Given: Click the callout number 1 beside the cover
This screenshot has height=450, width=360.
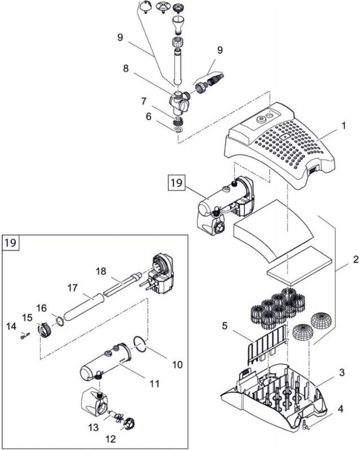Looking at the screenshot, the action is click(x=344, y=126).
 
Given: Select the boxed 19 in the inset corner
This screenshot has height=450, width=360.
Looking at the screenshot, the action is click(x=11, y=243).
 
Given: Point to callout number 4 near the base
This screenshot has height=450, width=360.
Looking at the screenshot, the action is click(x=340, y=409).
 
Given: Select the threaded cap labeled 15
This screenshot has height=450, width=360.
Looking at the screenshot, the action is click(x=45, y=330).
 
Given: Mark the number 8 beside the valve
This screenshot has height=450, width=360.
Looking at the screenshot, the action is click(x=126, y=69).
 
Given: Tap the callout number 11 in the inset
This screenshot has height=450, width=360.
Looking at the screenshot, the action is click(x=155, y=383).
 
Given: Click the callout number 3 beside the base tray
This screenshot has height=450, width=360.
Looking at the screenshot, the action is click(x=341, y=373).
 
